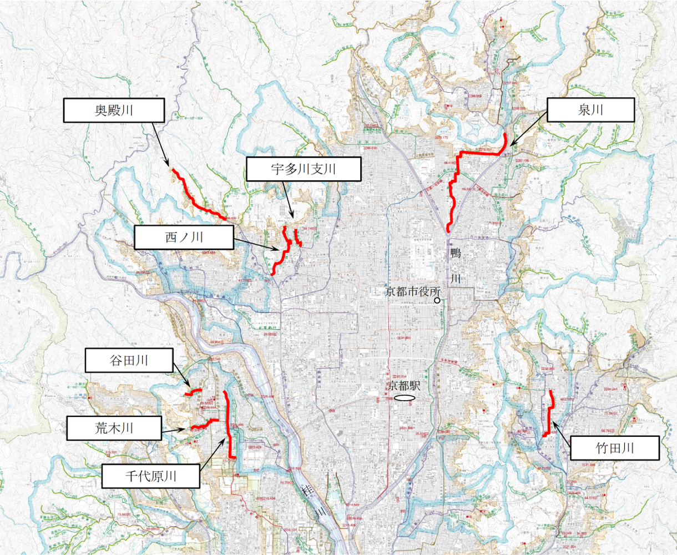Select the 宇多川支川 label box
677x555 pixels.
point(304,169)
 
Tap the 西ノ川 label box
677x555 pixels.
point(184,238)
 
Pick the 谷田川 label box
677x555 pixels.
point(129,360)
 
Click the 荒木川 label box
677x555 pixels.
point(114,428)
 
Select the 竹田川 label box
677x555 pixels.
point(614,448)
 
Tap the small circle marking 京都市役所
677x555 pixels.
point(437,300)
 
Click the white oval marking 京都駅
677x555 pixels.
point(404,398)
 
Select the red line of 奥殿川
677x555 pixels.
point(194,198)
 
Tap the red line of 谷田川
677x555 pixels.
point(194,392)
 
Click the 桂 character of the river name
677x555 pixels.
point(307,491)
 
